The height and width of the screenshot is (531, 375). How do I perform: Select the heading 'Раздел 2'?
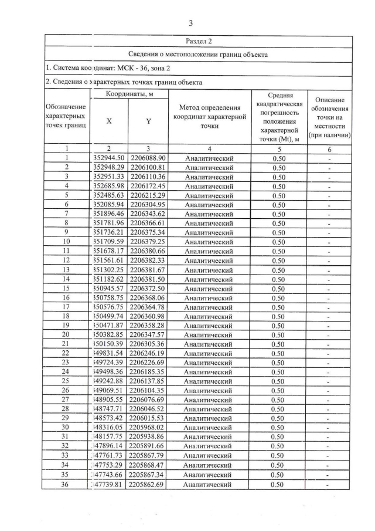coord(198,41)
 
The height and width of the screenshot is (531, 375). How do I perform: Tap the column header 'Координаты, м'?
coord(129,94)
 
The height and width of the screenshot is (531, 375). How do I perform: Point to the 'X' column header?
coord(110,121)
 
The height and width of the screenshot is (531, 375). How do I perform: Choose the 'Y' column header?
coord(148,121)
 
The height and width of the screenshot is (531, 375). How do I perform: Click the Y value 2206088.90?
coord(148,158)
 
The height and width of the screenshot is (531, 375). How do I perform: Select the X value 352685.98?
coord(110,186)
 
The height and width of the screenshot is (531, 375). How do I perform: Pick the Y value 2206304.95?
coord(148,205)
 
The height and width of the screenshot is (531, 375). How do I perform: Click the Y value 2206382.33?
coord(148,261)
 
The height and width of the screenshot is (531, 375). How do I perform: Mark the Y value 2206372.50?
coord(148,289)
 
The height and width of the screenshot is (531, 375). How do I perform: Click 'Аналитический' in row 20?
coord(209,335)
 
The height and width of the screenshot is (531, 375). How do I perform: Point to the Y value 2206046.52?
coord(148,410)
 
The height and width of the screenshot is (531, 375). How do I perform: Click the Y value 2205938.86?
coord(148,437)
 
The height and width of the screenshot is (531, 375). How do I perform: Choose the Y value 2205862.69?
coord(148,484)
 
